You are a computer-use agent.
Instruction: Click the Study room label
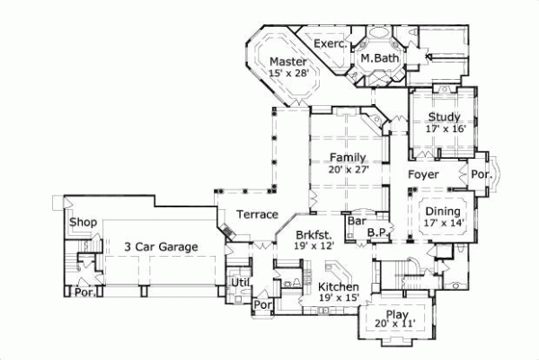click(x=444, y=117)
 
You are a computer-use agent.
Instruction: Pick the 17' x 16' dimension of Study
click(x=444, y=129)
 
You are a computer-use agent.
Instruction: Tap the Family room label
click(x=346, y=157)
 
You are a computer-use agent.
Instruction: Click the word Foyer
click(x=423, y=173)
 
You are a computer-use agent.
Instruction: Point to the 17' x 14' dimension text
click(x=443, y=223)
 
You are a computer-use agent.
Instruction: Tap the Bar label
click(x=355, y=220)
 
